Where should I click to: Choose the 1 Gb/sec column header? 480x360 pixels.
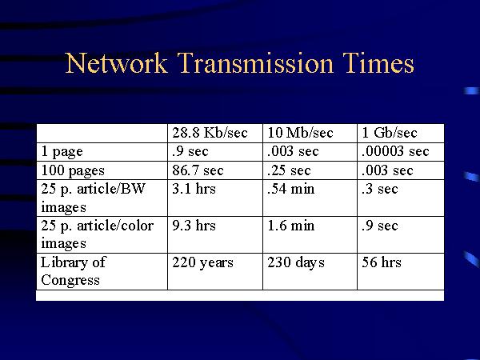390,133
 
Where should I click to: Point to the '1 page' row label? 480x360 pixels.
62,151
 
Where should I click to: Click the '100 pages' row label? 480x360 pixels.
72,170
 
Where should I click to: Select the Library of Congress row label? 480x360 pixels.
74,270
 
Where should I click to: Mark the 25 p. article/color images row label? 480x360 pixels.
97,234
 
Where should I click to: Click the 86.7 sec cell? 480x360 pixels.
198,170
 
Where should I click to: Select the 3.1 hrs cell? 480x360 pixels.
194,190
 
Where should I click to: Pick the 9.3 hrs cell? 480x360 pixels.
194,226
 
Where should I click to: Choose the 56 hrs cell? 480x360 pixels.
382,262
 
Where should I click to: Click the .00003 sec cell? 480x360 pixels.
396,151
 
